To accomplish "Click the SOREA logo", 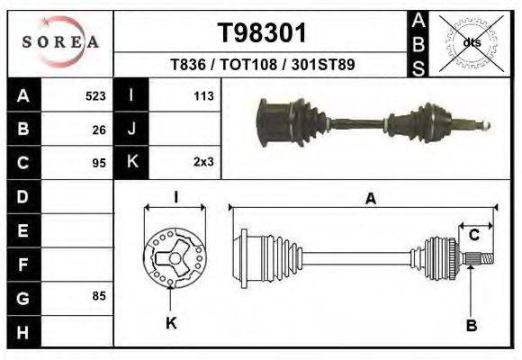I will point(60,42).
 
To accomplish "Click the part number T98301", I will point(263,34).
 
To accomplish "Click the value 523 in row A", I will point(95,95).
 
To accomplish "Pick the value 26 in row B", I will point(99,130).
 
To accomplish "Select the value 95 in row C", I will point(99,164).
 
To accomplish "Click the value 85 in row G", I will point(99,295).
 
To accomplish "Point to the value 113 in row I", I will point(202,95).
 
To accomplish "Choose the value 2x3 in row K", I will point(202,164).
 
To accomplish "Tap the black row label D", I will point(22,196).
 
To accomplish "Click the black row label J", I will point(131,130).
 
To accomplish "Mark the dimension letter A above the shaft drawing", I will point(370,201).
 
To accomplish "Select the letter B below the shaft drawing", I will point(470,325).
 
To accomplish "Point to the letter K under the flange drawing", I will point(171,323).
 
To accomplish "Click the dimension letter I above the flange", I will point(175,196).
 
